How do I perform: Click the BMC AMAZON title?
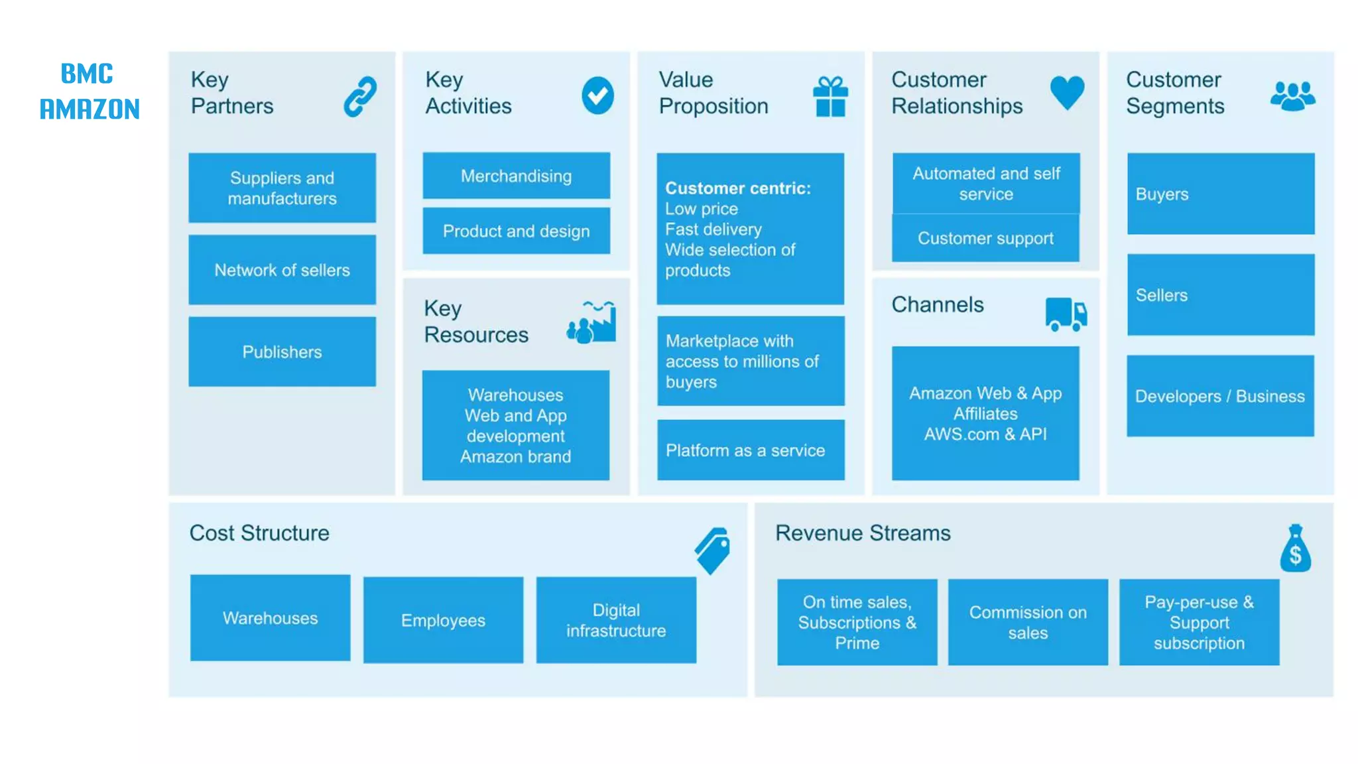(90, 92)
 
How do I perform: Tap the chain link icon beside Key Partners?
(360, 96)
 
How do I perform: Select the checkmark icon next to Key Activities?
(597, 95)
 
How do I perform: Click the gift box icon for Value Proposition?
(830, 97)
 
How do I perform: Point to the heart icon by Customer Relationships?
(1067, 93)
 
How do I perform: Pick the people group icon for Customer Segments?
(1292, 96)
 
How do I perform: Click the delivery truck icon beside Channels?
(1066, 314)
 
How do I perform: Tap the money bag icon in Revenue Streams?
(1295, 548)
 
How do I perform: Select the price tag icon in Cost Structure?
(713, 550)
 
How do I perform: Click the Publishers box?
(282, 351)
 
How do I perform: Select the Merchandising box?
(516, 176)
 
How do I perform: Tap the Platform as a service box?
(751, 450)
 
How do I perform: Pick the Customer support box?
(985, 238)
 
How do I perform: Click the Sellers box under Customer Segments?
(1220, 295)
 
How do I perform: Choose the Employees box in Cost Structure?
(443, 620)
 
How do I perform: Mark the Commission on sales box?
(1028, 622)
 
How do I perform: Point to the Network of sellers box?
(282, 270)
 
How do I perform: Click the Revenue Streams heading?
(863, 533)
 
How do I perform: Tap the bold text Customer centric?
(738, 188)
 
